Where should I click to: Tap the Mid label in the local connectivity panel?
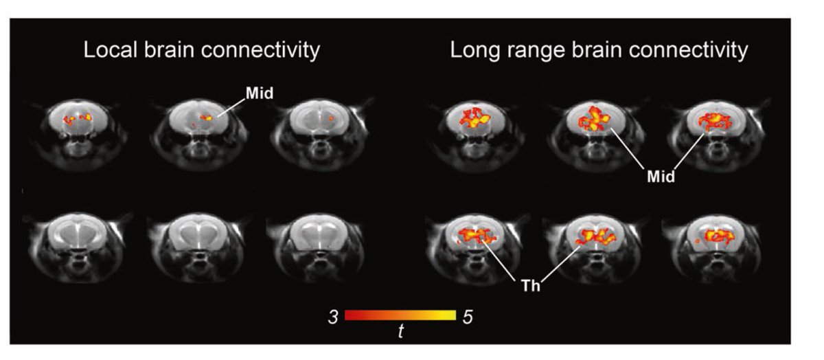pos(260,94)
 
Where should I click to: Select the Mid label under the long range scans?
pos(661,177)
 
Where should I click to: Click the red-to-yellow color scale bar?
pos(400,316)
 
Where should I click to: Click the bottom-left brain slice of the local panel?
pos(76,240)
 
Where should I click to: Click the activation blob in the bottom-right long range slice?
pos(716,237)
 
